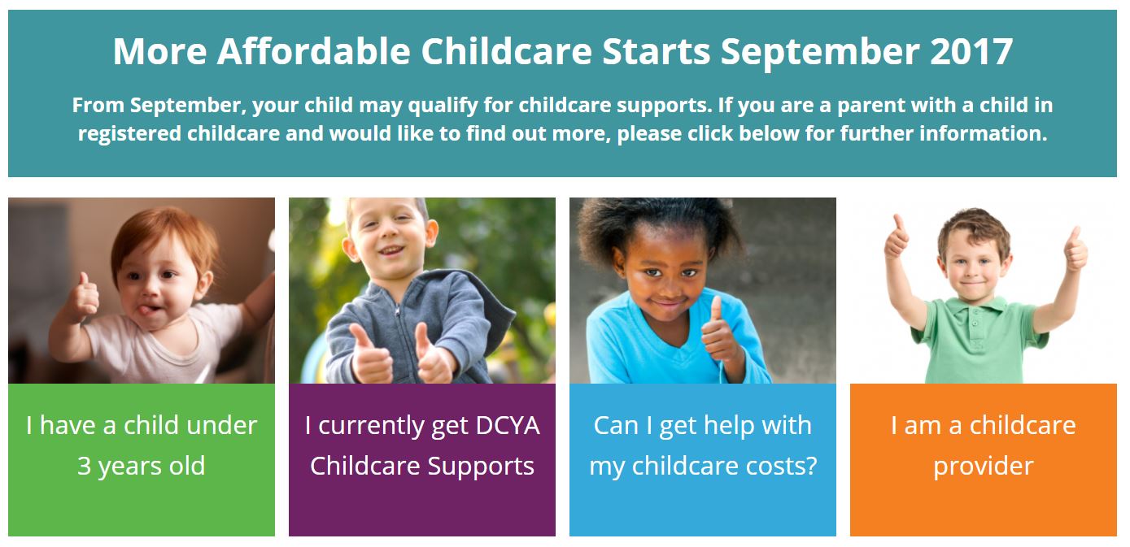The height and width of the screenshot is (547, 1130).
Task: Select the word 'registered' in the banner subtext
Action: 129,133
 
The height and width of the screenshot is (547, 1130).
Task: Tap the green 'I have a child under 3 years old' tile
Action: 142,459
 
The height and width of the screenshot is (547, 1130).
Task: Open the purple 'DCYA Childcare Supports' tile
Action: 422,459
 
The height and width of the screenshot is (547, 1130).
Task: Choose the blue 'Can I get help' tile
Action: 703,459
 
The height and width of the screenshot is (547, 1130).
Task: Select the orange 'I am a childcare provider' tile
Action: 983,459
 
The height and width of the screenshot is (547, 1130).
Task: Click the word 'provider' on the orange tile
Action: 983,466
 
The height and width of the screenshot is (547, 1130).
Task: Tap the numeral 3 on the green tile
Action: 84,467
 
